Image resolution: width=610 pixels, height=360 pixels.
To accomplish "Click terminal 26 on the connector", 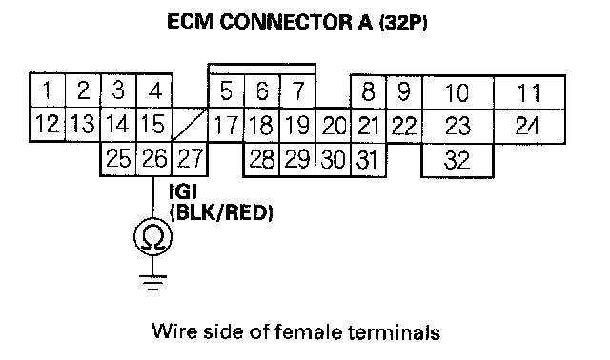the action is coord(154,159).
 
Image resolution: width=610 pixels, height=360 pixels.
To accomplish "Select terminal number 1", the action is coord(48,90).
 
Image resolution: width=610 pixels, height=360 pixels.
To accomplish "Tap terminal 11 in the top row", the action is coord(529,92).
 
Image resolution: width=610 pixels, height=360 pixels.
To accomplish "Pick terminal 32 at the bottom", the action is coord(457,160).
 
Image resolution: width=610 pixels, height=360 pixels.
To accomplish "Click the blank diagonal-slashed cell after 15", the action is coord(190,125).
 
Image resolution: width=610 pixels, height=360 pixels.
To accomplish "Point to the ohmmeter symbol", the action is coord(152,237).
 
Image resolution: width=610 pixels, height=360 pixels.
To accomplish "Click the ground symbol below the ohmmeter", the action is coord(152,283).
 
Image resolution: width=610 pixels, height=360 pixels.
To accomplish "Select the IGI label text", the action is coord(183,191).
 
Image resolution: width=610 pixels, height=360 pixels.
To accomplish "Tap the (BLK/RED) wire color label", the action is coord(221,212).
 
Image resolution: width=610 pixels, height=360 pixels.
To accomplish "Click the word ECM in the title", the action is coord(191,21).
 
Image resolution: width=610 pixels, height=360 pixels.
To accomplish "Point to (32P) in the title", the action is coord(403,22).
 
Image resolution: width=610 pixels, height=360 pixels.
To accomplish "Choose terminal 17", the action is coord(226,125).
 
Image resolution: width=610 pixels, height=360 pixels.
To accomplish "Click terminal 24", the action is coord(529,126).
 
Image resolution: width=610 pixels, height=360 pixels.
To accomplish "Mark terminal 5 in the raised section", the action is coord(226,91).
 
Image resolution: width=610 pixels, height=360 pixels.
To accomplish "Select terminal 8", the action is coord(369,92).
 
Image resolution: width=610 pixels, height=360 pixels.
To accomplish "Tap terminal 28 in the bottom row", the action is coord(261,159).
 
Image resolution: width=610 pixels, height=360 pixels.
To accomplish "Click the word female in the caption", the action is coord(309,332).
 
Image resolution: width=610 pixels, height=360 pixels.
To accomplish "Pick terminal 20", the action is coord(334,125).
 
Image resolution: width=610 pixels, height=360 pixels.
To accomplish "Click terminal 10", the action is coord(457,92).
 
